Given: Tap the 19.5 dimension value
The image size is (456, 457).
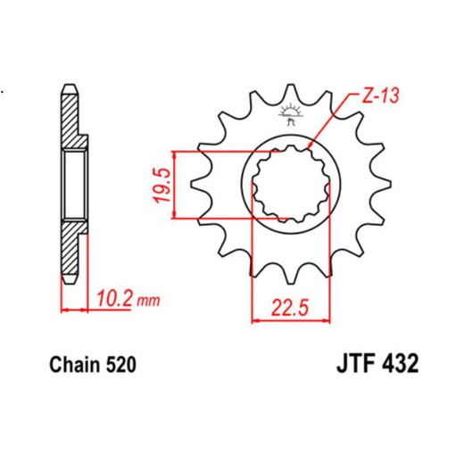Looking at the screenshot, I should pyautogui.click(x=162, y=184).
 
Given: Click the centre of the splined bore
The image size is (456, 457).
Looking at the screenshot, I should pyautogui.click(x=286, y=184).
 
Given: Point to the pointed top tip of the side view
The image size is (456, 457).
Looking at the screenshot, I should pyautogui.click(x=68, y=84).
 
